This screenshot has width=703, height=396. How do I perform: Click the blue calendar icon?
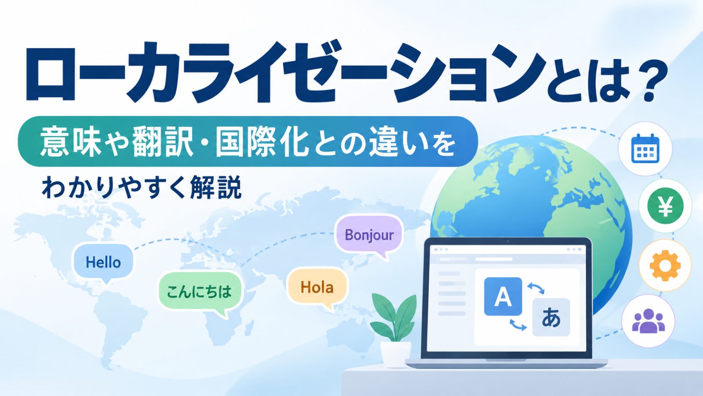(x=645, y=149)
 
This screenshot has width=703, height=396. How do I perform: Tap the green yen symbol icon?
(x=665, y=206)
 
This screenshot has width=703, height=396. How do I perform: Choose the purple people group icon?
(x=649, y=321)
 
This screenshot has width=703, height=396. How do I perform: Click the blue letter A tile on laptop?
(x=503, y=297)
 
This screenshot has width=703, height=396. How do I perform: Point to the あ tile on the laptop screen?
(x=551, y=317)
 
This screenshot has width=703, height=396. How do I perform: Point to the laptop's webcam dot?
(x=508, y=242)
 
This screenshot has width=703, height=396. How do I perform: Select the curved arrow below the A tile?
(x=518, y=325)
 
